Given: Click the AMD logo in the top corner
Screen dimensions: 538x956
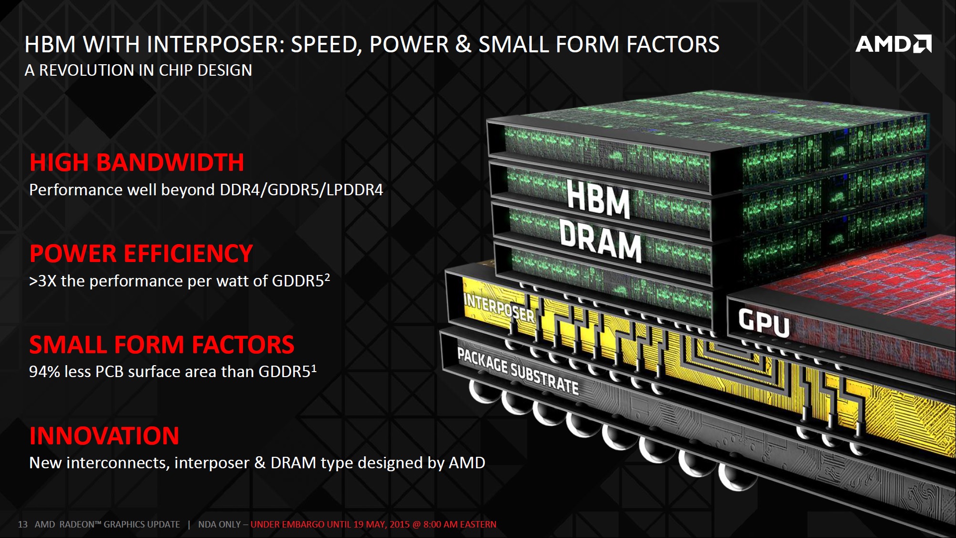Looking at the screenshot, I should [x=893, y=44].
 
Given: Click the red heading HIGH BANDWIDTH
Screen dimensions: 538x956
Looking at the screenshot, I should [x=137, y=163].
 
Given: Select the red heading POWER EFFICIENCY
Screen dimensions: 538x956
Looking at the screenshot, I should [x=141, y=254].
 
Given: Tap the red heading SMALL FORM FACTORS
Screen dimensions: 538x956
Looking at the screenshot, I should [x=162, y=345].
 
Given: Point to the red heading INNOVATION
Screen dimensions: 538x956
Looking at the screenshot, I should [x=104, y=436].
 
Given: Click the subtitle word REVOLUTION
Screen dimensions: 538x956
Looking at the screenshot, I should [x=87, y=70].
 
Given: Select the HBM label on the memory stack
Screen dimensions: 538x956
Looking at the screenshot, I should [x=598, y=199].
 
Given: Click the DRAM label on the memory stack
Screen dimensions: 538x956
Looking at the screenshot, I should [x=600, y=242].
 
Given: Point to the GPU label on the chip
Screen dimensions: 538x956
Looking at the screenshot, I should [x=763, y=323].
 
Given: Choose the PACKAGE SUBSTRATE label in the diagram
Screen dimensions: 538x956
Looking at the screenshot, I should [x=518, y=371].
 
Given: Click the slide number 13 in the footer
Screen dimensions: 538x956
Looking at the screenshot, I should [x=23, y=525].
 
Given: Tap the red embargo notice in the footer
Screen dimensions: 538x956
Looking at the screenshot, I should [x=373, y=525].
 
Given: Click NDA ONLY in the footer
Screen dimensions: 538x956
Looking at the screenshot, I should [x=219, y=525].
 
